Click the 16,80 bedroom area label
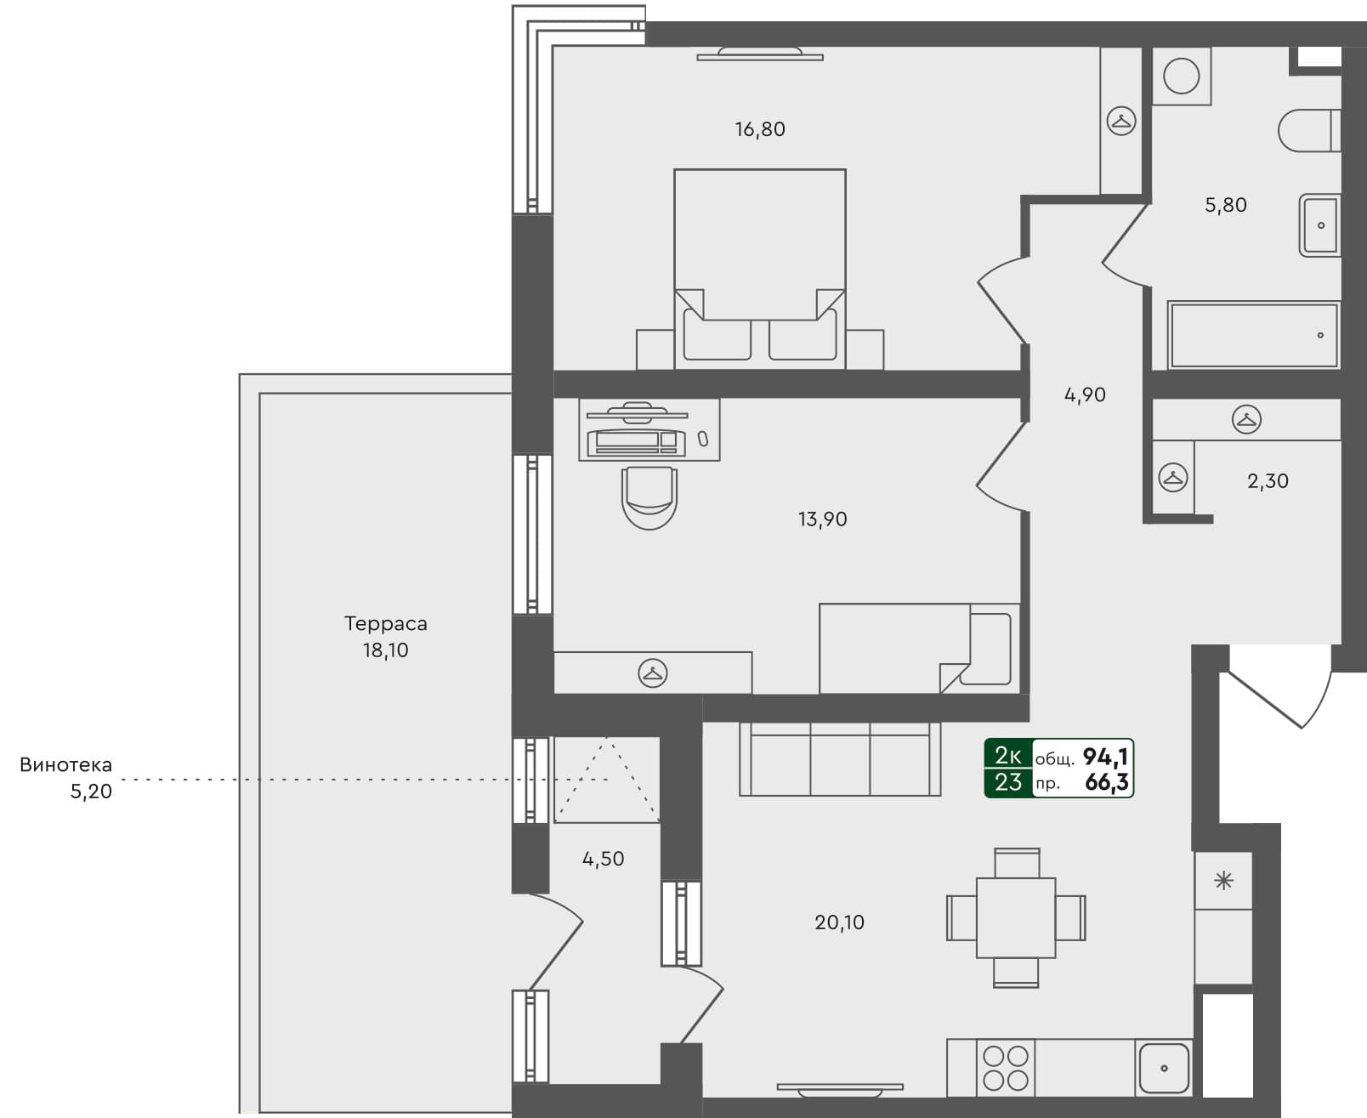pyautogui.click(x=759, y=129)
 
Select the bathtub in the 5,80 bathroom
pyautogui.click(x=1253, y=335)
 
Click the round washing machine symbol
pyautogui.click(x=1181, y=77)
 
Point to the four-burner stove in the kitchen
pyautogui.click(x=1006, y=1068)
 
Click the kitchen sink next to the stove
pyautogui.click(x=1163, y=1068)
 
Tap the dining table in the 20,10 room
pyautogui.click(x=1016, y=918)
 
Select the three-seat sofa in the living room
pyautogui.click(x=840, y=759)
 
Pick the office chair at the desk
pyautogui.click(x=649, y=497)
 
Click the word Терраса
pyautogui.click(x=385, y=623)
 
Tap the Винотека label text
pyautogui.click(x=65, y=764)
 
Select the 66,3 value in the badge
pyautogui.click(x=1106, y=782)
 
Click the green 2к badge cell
pyautogui.click(x=1008, y=755)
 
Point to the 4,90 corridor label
pyautogui.click(x=1085, y=394)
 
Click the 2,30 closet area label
pyautogui.click(x=1268, y=481)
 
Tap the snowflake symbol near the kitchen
pyautogui.click(x=1223, y=881)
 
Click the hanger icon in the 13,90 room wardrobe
pyautogui.click(x=652, y=673)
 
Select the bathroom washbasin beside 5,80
pyautogui.click(x=1319, y=225)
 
